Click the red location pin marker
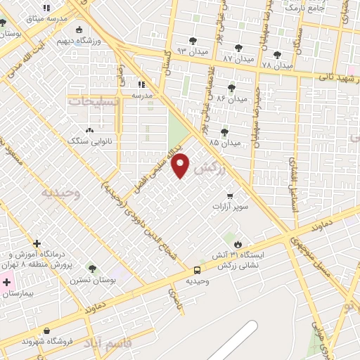click(181, 165)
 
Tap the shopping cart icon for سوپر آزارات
click(230, 195)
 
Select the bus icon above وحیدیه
click(196, 269)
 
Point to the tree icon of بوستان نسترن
click(91, 268)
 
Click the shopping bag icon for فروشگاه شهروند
click(46, 330)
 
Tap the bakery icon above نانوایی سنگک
click(89, 130)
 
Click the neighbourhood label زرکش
click(212, 168)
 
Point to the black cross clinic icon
click(37, 243)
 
